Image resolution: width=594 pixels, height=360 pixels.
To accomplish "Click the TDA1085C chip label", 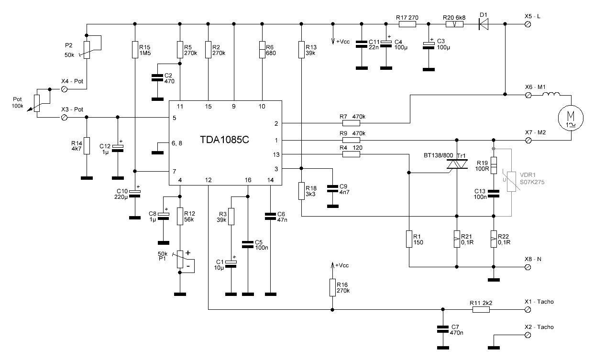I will (x=225, y=141).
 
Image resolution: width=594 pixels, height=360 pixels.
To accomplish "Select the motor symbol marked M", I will (x=571, y=117).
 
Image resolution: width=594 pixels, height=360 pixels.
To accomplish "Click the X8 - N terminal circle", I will (x=528, y=267).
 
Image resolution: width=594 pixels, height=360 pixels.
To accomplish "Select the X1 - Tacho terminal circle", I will (x=528, y=309).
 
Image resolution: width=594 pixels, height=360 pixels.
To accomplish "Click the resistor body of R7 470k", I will (x=351, y=123).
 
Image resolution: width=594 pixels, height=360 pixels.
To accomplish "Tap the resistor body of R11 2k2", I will (x=481, y=309).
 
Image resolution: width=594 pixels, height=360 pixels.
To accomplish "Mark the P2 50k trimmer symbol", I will (x=87, y=49).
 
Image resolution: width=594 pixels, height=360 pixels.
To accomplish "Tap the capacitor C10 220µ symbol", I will (x=135, y=192).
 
